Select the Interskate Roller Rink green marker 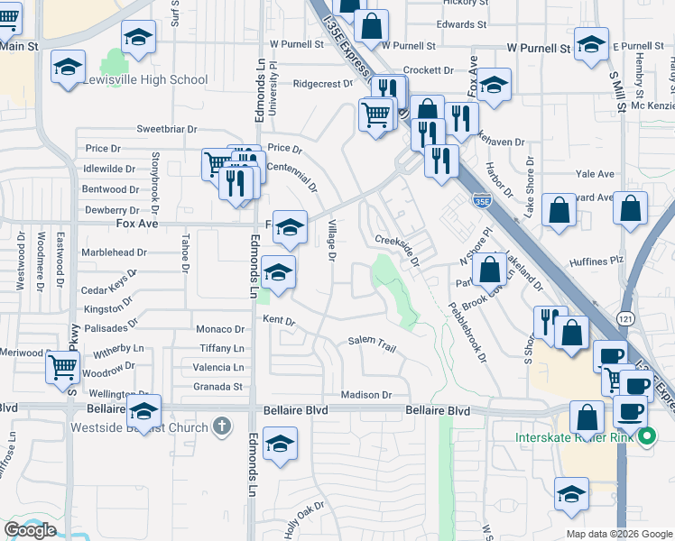pos(646,438)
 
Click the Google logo pos(30,530)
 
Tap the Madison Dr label pos(366,395)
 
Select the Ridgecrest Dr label pos(322,84)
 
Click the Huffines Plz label pos(597,261)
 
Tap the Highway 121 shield pos(626,318)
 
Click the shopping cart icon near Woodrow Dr pos(62,366)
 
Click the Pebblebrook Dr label pos(468,330)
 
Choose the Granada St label pos(218,387)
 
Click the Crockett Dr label pos(428,69)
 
